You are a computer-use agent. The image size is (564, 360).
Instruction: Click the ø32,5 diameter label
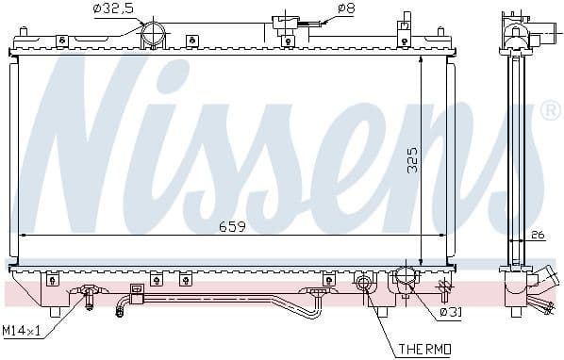[x=112, y=9]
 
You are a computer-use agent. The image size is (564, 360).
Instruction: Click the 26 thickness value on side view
[x=538, y=235]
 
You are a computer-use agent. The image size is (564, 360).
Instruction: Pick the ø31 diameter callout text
[x=452, y=312]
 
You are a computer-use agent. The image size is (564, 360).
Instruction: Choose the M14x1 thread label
[x=21, y=331]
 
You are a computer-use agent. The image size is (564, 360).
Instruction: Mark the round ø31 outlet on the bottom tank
[x=406, y=279]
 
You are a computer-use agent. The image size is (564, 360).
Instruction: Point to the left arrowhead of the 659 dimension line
[x=23, y=236]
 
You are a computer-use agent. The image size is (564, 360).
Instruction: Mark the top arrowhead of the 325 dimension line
[x=422, y=58]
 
